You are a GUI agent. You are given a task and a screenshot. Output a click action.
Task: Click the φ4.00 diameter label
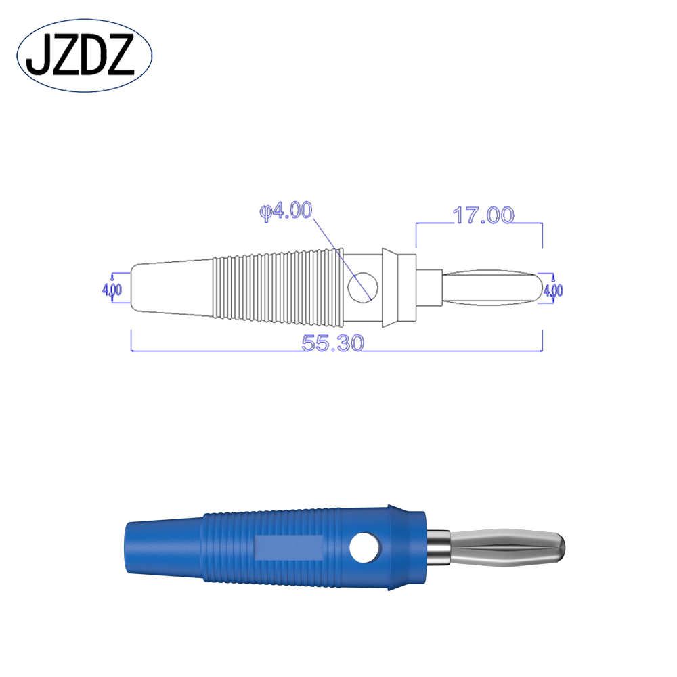(x=285, y=211)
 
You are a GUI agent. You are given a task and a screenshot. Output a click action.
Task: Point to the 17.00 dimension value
(x=483, y=215)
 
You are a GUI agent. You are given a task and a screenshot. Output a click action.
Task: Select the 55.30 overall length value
(x=333, y=343)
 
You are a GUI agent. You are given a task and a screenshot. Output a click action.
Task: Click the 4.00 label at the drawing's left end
(x=112, y=290)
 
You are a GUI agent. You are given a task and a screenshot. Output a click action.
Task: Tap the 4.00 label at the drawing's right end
(x=552, y=290)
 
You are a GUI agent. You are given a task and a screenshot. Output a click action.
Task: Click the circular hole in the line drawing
(x=362, y=286)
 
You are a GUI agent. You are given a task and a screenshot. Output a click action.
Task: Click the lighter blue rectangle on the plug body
(x=289, y=547)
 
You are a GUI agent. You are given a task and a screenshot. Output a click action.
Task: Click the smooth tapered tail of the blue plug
(x=162, y=546)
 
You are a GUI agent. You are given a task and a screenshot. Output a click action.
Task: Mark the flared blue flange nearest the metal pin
(x=406, y=546)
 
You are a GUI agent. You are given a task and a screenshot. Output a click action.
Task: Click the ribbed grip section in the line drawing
(x=274, y=286)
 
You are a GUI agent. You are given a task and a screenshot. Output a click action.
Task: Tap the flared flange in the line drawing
(x=390, y=288)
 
